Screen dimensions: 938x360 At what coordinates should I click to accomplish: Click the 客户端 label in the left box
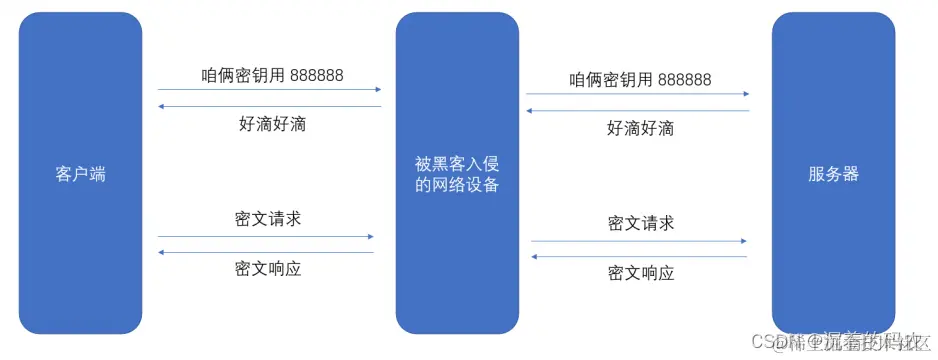point(80,174)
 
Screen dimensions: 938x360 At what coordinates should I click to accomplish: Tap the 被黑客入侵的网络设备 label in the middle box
point(457,174)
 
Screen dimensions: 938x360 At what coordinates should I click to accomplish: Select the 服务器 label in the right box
point(833,174)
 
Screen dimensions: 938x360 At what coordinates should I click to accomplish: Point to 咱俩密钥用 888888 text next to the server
point(640,80)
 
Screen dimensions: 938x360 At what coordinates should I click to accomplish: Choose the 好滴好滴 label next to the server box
point(640,128)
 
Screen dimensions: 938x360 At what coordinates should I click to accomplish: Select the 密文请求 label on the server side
point(640,222)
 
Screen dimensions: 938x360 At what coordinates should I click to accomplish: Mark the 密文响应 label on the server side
point(640,273)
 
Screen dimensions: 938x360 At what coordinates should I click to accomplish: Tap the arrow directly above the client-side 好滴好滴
point(270,105)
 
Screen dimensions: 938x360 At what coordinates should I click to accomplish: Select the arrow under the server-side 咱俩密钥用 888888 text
point(638,95)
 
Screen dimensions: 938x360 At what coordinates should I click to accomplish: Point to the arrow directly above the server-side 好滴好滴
point(638,110)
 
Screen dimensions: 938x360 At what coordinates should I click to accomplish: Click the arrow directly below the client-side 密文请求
point(265,237)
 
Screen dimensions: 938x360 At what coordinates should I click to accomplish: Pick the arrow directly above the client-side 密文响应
point(265,252)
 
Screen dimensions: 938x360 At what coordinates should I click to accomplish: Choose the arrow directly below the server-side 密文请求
point(638,241)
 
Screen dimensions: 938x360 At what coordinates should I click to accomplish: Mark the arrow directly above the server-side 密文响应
point(638,257)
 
